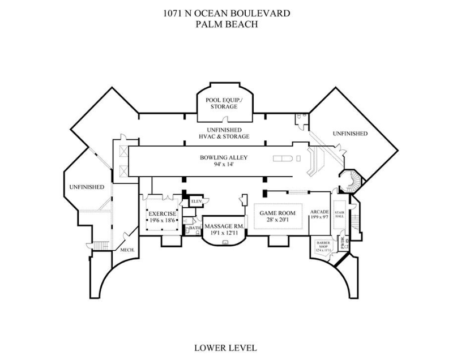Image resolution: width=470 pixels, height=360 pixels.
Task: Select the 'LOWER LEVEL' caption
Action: pos(225,348)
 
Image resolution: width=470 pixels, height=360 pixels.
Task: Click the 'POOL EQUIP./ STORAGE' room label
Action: pos(224,103)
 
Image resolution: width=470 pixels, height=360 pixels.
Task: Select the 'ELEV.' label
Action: pos(197,202)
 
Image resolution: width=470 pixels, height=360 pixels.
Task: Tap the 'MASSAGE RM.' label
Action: pos(224,226)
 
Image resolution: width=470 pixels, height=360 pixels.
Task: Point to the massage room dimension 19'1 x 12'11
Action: pos(224,233)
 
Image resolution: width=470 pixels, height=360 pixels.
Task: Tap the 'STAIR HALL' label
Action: pos(340,214)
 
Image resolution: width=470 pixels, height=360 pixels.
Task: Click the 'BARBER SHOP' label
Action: pos(322,245)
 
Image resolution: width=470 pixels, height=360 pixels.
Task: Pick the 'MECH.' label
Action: pos(126,250)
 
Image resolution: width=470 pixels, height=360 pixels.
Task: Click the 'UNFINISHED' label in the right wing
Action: pos(350,134)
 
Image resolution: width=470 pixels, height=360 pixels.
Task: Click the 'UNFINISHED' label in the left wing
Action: pos(87,187)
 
